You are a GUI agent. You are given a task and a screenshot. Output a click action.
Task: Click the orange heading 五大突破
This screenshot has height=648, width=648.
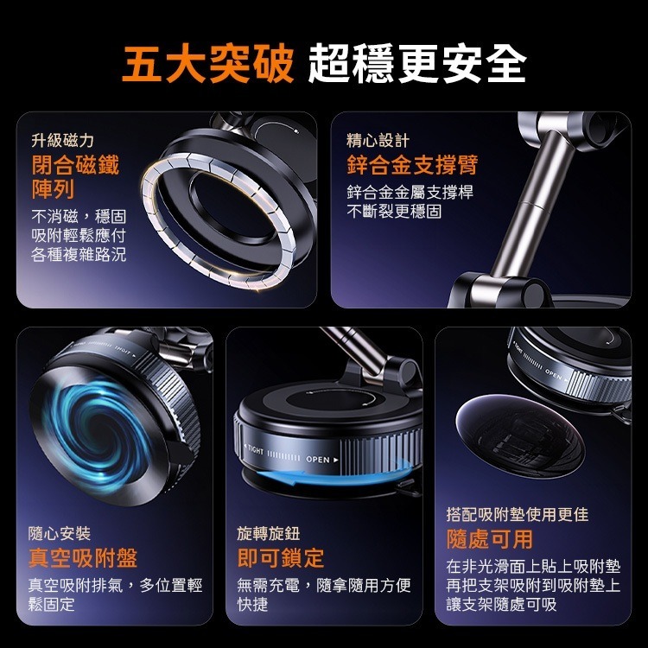pos(208,63)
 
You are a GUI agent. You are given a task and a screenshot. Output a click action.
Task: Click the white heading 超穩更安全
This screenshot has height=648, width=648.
pos(417,63)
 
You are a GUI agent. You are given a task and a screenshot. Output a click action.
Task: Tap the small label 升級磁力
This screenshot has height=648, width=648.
pos(63,141)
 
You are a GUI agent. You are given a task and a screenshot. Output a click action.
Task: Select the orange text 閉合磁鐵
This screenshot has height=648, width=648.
pos(75,165)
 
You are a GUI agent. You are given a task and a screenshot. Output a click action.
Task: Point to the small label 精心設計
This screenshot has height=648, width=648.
pos(378,141)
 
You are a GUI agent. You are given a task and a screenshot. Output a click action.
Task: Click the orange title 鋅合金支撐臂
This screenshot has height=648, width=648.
pos(412,165)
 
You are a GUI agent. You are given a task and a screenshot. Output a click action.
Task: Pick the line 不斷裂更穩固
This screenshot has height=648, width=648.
pos(394,211)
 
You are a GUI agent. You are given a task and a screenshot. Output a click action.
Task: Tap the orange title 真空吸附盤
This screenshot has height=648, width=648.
pos(83,558)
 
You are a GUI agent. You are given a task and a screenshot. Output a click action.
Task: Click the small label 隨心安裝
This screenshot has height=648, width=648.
pos(60,533)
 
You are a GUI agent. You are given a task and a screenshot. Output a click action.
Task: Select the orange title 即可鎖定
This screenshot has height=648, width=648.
pos(281,558)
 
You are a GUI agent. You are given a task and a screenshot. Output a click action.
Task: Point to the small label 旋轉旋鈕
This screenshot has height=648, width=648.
pos(269,533)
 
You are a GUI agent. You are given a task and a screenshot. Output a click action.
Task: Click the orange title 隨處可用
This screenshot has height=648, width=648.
pos(490,539)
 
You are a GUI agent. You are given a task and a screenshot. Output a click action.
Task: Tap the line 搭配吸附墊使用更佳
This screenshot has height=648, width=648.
pos(518,515)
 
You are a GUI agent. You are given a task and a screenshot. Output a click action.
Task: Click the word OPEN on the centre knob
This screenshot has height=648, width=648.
pos(318,460)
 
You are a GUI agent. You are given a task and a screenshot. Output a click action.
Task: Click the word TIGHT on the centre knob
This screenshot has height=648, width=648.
pos(255,449)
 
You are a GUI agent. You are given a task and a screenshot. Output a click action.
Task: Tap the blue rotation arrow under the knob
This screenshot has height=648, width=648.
pos(327,477)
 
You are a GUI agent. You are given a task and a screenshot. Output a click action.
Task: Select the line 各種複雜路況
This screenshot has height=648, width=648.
pos(79,255)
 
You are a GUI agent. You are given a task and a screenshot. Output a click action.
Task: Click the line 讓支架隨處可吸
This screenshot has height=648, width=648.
pos(501,604)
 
